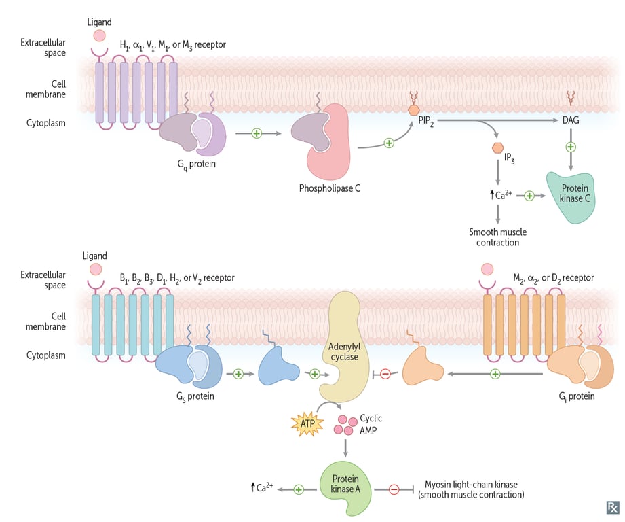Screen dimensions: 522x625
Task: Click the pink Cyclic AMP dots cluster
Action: (345, 425)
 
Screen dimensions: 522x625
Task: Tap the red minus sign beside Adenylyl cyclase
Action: (385, 374)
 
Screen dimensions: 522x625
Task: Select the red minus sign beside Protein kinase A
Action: (394, 489)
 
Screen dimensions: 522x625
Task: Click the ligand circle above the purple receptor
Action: (99, 36)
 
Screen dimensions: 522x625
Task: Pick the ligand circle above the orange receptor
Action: (487, 270)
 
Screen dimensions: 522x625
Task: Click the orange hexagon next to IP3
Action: (499, 147)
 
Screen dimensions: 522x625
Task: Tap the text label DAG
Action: (571, 120)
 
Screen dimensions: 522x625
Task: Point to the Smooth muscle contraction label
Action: (497, 237)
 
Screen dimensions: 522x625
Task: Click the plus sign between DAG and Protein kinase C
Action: (571, 147)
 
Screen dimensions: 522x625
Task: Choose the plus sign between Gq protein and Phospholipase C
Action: (257, 133)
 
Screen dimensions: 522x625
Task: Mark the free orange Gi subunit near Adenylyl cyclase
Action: (422, 370)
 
